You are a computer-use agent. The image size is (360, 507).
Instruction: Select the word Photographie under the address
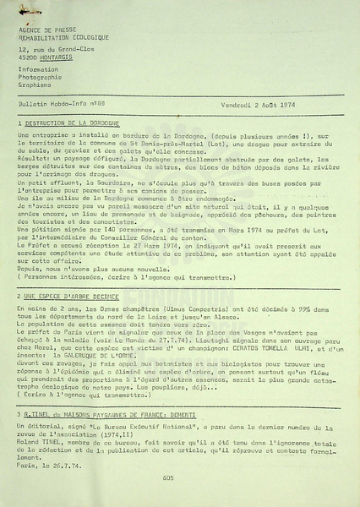39,76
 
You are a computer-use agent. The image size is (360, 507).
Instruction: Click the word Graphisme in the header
33,84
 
